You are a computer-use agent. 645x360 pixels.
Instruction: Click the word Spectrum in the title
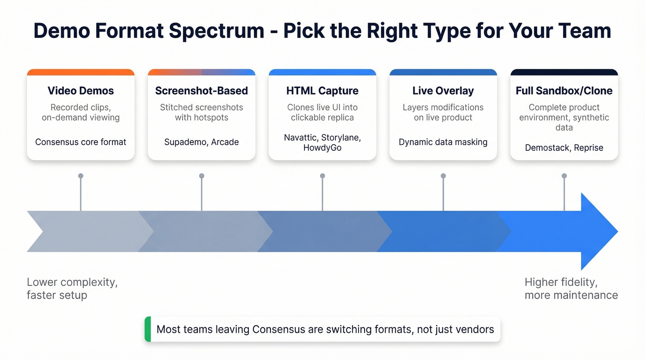pos(216,31)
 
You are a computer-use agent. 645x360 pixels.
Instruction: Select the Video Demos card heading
pos(81,91)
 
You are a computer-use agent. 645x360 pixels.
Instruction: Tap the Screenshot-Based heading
pos(202,91)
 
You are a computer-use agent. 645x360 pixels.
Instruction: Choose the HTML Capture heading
pos(322,91)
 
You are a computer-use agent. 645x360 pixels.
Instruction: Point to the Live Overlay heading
pos(443,91)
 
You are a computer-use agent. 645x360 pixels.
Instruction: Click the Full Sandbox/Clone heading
pos(564,91)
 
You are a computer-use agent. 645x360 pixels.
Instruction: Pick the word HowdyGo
pos(322,148)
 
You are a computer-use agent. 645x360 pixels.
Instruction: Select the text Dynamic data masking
pos(443,142)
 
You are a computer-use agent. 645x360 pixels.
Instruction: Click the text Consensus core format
pos(81,142)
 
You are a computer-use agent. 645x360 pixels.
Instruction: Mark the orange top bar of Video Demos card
pos(81,72)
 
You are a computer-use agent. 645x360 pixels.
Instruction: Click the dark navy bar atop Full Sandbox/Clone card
pos(564,72)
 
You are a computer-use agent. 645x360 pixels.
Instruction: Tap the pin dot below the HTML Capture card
pos(322,176)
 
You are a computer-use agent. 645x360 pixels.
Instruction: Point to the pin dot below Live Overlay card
pos(443,176)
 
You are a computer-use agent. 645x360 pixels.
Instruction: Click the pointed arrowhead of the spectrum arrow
pos(618,231)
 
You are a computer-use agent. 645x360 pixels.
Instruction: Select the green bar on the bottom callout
pos(148,329)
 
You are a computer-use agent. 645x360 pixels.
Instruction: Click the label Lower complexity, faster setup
pos(72,289)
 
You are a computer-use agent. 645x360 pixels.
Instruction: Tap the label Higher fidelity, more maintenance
pos(571,289)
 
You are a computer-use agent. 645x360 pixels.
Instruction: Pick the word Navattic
pos(300,138)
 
